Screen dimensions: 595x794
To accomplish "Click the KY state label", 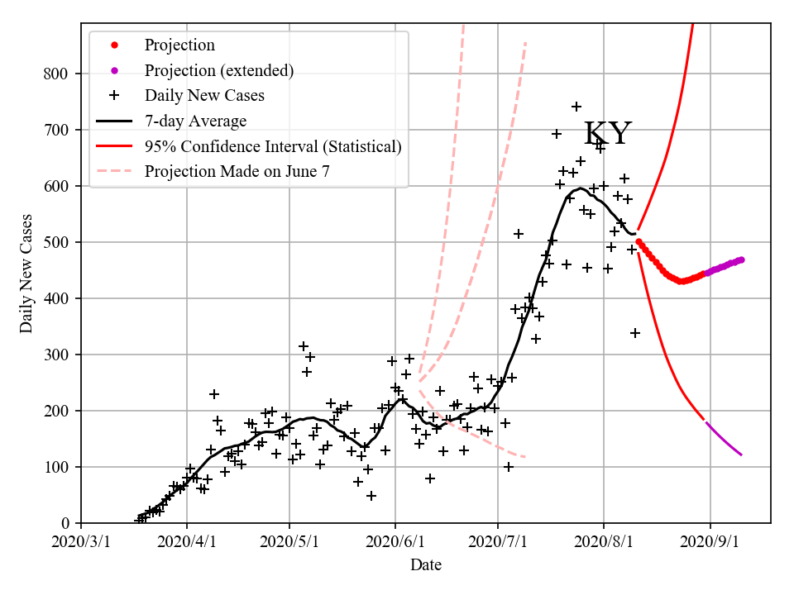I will (x=608, y=134).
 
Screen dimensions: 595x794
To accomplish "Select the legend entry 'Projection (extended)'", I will (x=218, y=70).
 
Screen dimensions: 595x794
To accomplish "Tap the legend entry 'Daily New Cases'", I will (x=204, y=95).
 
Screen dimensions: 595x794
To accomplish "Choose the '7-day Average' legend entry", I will (x=195, y=121).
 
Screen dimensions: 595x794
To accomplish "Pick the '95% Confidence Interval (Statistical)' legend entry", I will (x=272, y=147).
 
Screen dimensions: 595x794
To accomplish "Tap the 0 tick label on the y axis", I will (x=65, y=523).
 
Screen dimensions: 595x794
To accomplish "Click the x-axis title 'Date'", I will (x=426, y=565).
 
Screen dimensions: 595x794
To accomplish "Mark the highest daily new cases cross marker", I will (x=576, y=107).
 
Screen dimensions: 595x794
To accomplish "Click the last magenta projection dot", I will (x=741, y=259).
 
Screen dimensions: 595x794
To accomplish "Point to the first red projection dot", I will (x=639, y=241).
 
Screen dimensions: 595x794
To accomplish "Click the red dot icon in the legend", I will (x=114, y=45).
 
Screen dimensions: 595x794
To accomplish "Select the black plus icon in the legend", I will (x=114, y=95).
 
